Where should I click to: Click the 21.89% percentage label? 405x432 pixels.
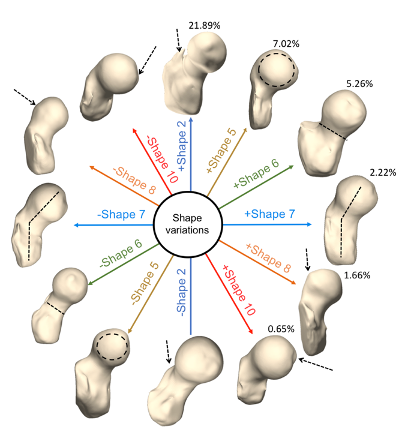click(205, 26)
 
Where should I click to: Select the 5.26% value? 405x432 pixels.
click(359, 84)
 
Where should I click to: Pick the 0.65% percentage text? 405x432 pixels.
click(281, 329)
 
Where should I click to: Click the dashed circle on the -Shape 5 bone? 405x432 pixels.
click(112, 344)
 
